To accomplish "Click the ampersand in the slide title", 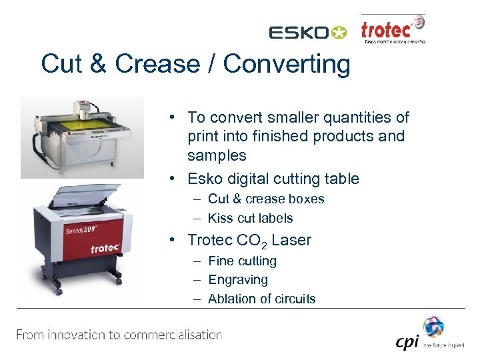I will (98, 64).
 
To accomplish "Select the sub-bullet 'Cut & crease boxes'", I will (265, 199).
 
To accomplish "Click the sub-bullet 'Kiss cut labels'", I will (250, 218).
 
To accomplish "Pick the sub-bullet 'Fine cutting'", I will (242, 261).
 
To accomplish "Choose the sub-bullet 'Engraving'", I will (237, 279).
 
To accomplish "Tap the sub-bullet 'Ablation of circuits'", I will (261, 299).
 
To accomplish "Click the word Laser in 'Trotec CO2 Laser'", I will (291, 240).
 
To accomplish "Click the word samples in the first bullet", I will (217, 155).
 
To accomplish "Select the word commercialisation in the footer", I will (169, 335).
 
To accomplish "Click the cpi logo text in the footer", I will (407, 341).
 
